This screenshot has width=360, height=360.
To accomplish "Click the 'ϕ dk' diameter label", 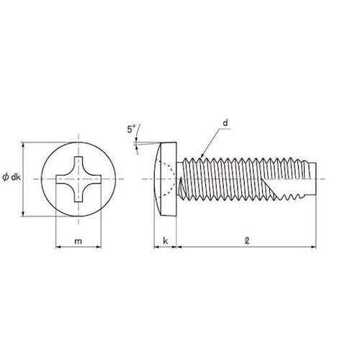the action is point(12,177).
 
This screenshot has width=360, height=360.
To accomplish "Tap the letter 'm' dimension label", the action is point(78,241).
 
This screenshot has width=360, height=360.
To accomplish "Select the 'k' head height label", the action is point(166,240).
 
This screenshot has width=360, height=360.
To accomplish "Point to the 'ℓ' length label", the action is point(247,240).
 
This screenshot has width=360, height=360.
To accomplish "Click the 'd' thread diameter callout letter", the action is point(225,123).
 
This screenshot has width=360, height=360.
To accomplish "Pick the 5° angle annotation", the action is point(131,129).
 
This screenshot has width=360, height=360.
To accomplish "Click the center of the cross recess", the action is point(78,179).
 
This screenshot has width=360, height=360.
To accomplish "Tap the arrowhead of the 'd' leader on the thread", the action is point(202,156).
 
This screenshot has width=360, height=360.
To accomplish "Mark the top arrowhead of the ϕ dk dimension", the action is point(23,144).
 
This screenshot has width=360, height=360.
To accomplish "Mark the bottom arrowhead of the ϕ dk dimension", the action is point(23,214).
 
